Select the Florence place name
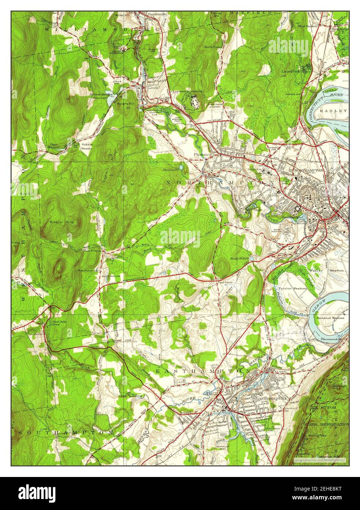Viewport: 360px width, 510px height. (201, 154)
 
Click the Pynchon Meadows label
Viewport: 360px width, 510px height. (292, 289)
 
